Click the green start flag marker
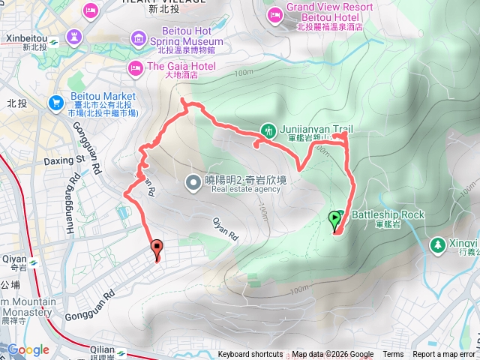click(334, 220)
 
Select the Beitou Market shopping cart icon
click(56, 102)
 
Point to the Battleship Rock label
click(388, 214)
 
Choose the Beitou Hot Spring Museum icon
click(138, 37)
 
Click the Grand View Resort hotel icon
click(275, 13)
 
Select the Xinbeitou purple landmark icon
click(74, 36)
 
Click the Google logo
click(28, 349)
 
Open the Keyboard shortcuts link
click(250, 355)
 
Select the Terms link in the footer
click(393, 355)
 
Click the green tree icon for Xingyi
click(437, 244)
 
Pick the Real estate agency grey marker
click(193, 181)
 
